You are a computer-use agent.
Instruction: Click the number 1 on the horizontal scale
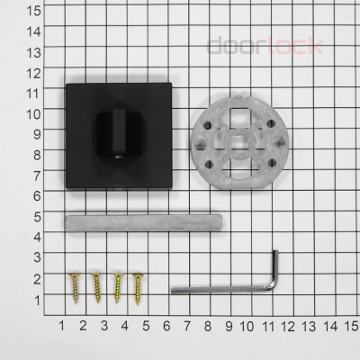tap(61, 324)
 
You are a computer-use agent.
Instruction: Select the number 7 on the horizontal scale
tap(186, 324)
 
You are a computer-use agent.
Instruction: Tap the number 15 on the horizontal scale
tap(352, 324)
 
